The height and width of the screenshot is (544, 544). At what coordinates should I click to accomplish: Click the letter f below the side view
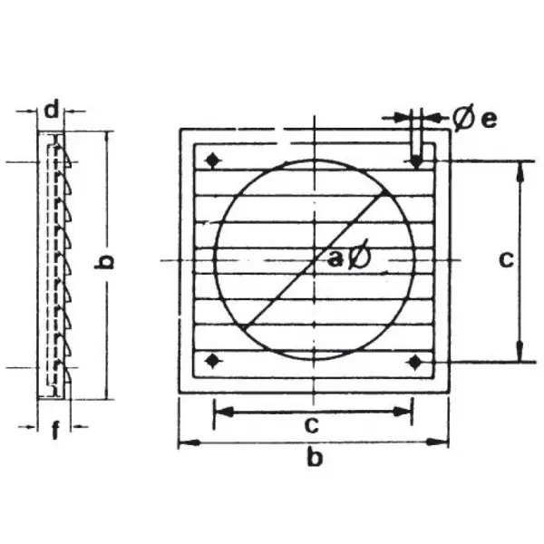click(55, 430)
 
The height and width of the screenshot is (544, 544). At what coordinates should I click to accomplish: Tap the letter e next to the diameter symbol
click(490, 120)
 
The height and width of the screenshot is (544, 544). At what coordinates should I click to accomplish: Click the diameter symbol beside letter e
click(463, 120)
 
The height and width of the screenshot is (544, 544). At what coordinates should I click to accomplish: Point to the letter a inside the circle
click(335, 258)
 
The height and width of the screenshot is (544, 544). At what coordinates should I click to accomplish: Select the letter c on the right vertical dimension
click(506, 259)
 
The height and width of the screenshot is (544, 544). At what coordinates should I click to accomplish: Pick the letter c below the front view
click(312, 425)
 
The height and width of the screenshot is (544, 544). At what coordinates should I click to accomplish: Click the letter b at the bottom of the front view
click(315, 457)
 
